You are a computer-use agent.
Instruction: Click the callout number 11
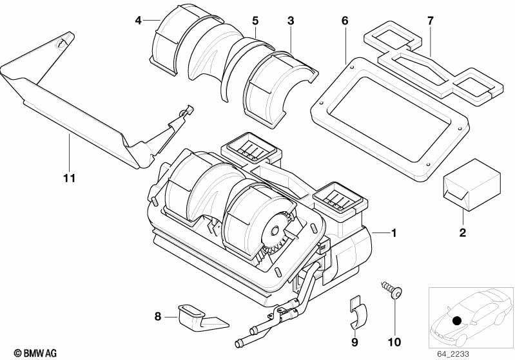[x=70, y=178]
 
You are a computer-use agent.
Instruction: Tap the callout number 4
[x=139, y=21]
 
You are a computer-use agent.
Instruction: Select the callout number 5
[x=255, y=21]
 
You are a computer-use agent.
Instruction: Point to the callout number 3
[x=291, y=21]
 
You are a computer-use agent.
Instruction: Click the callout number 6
[x=345, y=21]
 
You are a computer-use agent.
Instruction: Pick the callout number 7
[x=431, y=21]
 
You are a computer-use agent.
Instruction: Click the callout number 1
[x=394, y=233]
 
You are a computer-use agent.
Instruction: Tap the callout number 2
[x=462, y=232]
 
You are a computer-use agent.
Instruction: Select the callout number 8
[x=158, y=317]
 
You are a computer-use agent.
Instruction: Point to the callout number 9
[x=355, y=342]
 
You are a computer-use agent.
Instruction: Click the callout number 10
[x=394, y=342]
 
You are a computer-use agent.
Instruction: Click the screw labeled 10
[x=391, y=289]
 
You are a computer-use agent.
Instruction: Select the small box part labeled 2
[x=472, y=185]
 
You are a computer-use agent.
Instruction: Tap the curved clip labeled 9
[x=357, y=312]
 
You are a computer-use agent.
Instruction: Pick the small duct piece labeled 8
[x=200, y=317]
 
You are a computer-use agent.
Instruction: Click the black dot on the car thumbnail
[x=457, y=321]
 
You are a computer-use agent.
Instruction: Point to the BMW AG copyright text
[x=35, y=353]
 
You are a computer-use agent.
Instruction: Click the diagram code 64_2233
[x=453, y=354]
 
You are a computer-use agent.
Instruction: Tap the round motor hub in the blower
[x=274, y=231]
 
